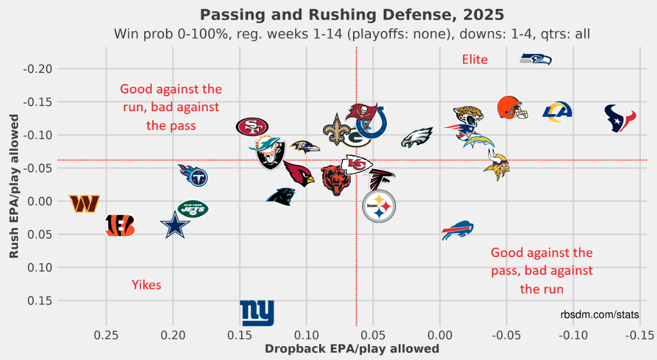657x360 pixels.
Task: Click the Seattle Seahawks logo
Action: (536, 59)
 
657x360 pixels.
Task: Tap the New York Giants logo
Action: (257, 313)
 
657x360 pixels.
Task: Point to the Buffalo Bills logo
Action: (457, 230)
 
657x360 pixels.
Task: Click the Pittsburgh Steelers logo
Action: (379, 207)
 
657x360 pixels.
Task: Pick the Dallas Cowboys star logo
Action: (175, 225)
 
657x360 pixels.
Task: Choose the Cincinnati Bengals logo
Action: (120, 225)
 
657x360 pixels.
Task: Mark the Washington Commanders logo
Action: (84, 204)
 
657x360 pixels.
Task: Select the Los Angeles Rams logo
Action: (557, 111)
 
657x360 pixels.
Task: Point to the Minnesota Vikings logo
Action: (496, 165)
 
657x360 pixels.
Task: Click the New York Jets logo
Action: (192, 209)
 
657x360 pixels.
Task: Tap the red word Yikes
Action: (146, 285)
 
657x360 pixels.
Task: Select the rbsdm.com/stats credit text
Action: (600, 314)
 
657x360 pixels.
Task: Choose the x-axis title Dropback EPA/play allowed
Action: (351, 349)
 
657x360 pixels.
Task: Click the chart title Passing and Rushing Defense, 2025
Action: (351, 14)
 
